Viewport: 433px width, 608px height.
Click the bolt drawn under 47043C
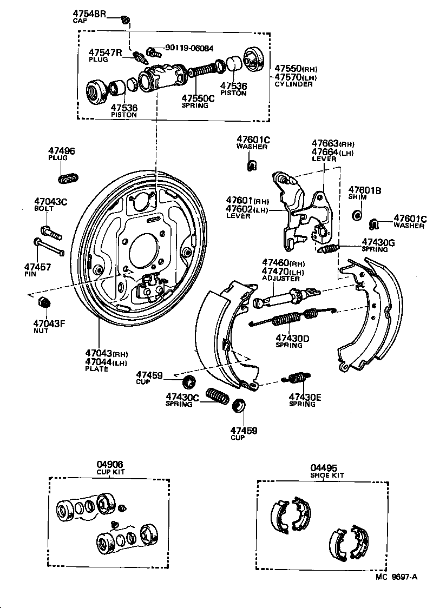tap(51, 231)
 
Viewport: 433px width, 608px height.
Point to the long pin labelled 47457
tap(49, 247)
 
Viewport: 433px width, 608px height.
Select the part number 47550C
tap(198, 98)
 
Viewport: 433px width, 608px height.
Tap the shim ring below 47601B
tap(357, 216)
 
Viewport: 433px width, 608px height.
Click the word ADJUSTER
tap(280, 279)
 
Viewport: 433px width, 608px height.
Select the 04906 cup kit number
tap(110, 464)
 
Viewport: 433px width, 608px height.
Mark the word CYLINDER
tap(293, 84)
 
